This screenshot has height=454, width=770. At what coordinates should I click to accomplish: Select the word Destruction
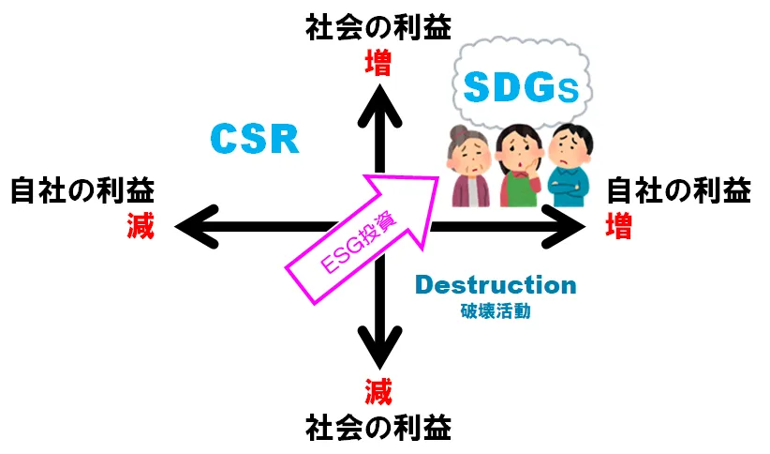point(495,285)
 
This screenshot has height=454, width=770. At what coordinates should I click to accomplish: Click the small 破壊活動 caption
point(496,310)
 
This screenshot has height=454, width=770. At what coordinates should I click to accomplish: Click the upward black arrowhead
point(378,99)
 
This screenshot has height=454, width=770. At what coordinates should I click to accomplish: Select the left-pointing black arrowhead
point(195,225)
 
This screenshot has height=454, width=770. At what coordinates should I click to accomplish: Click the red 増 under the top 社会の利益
point(378,63)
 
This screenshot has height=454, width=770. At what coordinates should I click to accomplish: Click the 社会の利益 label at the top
point(378,28)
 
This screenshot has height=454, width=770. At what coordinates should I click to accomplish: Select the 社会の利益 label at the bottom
point(378,427)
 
